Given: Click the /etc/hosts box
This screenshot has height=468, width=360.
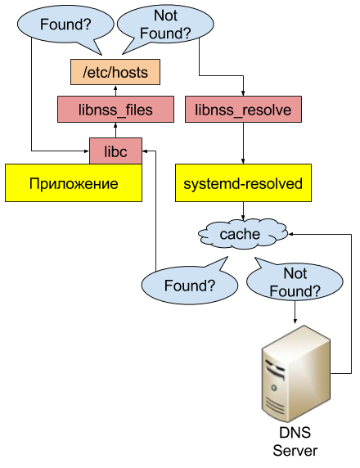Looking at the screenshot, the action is [115, 72].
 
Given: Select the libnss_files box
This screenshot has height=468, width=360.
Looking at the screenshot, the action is [115, 110].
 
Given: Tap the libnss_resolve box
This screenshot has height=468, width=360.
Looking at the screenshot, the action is [243, 110].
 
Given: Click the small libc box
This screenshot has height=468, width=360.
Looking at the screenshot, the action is [116, 151].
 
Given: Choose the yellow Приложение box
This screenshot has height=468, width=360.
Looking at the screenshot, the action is [74, 183].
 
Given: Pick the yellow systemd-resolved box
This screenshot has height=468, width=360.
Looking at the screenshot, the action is [243, 183].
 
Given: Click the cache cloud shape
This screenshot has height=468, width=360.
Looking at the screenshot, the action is [243, 234].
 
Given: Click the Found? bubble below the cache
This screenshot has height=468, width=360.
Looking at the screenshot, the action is [190, 285].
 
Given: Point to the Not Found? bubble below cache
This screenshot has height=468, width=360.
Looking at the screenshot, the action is [295, 281].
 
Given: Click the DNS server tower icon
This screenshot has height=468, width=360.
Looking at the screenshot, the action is [296, 374].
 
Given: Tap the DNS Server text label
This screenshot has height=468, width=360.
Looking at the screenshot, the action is [295, 442].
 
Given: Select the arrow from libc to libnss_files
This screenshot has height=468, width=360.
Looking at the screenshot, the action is [115, 130].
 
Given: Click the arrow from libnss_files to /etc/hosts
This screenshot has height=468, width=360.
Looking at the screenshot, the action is [115, 91].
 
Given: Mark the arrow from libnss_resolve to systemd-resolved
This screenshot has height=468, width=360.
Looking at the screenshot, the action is [243, 143].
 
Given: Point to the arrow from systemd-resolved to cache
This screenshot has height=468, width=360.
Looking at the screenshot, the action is [243, 211].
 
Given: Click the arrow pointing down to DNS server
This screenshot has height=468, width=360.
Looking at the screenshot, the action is [295, 313].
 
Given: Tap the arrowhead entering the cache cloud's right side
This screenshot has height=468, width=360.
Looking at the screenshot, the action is [290, 234].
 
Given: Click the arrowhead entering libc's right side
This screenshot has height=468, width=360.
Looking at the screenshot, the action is [145, 151].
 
